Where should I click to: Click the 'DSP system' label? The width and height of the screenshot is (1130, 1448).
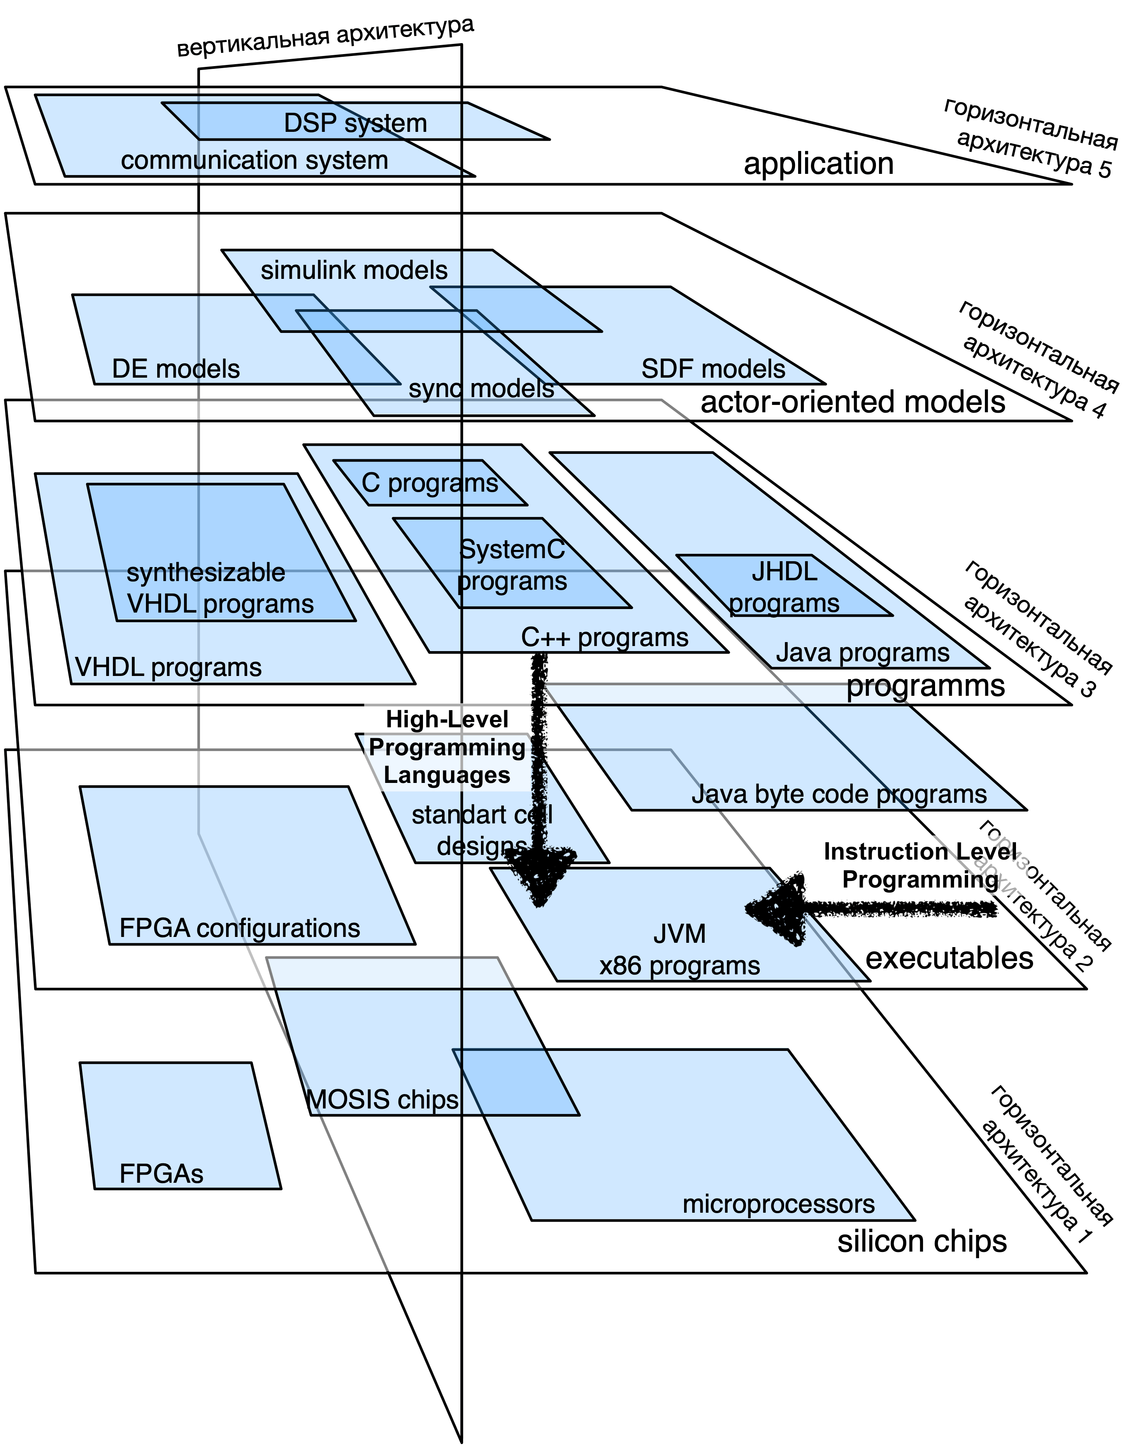coord(355,123)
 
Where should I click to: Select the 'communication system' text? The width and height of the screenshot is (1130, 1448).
coord(254,161)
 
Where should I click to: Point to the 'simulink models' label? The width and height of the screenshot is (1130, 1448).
coord(354,271)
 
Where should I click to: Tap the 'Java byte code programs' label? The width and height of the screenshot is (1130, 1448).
coord(839,794)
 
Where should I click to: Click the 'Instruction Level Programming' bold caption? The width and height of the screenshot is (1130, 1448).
coord(920,865)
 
